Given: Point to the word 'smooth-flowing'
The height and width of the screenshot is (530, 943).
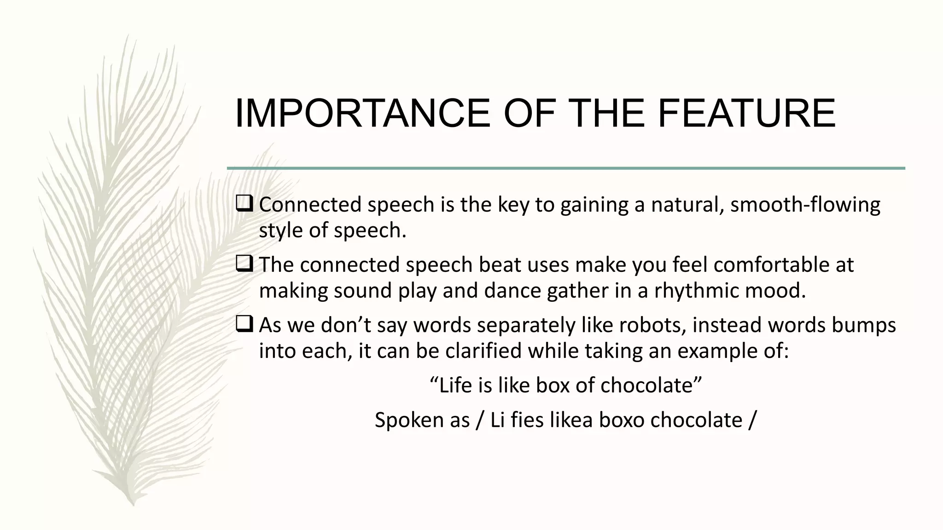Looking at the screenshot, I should (x=805, y=205).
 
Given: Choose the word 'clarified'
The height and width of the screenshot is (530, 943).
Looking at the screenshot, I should (x=483, y=351).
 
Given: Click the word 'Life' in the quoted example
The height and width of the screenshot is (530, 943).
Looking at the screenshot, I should (x=456, y=386).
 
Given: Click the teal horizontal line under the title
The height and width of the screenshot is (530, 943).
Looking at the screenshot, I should (x=566, y=168).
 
